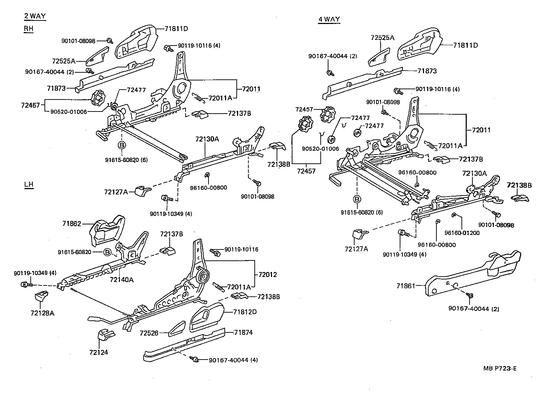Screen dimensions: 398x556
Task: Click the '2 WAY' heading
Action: point(35,16)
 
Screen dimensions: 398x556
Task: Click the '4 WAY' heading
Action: point(329,19)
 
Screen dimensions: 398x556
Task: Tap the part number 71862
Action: point(72,224)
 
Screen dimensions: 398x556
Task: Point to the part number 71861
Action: point(405,286)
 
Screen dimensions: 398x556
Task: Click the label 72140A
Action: point(121,280)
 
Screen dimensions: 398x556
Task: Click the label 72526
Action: point(149,333)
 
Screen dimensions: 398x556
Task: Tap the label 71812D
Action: point(245,312)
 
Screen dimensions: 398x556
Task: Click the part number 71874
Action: point(243,332)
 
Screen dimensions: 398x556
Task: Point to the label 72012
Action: point(267,275)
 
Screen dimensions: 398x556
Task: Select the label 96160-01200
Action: point(462,233)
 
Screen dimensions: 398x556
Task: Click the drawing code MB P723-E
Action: point(500,369)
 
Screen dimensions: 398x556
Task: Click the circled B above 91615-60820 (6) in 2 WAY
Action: point(121,145)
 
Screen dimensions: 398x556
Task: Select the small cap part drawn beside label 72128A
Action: point(42,295)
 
